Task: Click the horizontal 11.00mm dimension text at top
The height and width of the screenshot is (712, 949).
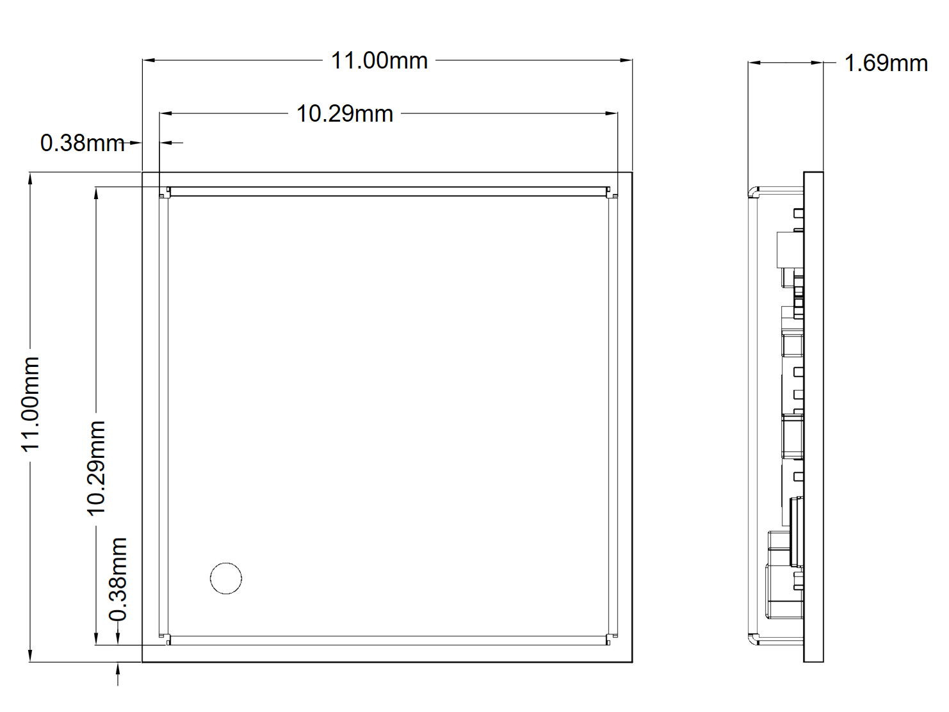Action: [x=379, y=61]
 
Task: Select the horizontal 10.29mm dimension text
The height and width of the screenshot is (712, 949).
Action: [x=345, y=114]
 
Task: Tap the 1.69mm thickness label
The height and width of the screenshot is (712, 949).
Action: [x=886, y=63]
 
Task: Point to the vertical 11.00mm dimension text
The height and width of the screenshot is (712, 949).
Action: [x=31, y=404]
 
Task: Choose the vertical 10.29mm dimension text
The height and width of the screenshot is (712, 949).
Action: [x=96, y=467]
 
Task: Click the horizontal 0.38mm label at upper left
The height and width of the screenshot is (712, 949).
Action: [x=82, y=143]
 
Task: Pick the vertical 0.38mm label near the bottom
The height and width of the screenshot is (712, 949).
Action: [x=118, y=579]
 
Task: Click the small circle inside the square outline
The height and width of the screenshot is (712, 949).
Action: [x=226, y=578]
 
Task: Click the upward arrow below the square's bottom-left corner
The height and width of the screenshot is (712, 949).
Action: [x=118, y=670]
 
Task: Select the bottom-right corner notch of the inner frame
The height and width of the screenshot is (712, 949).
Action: [x=612, y=639]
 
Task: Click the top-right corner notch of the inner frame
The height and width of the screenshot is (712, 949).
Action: [x=612, y=192]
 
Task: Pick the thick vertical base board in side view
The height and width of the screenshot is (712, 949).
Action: [x=813, y=416]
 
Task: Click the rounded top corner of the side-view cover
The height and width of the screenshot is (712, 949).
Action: [x=754, y=191]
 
